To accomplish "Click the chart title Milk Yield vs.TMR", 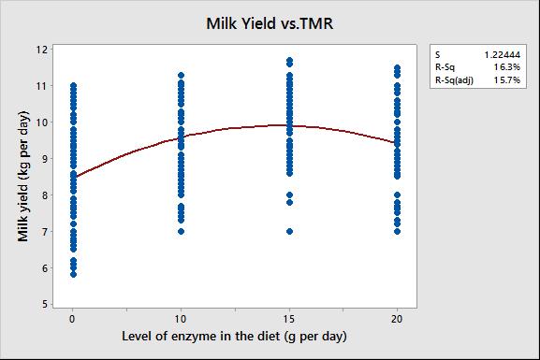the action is (x=270, y=23).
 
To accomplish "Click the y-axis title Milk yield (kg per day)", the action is (x=23, y=176).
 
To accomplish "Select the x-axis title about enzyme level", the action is (x=234, y=336).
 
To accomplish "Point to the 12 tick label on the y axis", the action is (x=42, y=50).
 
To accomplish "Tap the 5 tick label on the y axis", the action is (x=45, y=304).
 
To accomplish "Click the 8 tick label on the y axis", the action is (x=45, y=195).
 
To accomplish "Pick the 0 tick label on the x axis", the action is (x=72, y=319).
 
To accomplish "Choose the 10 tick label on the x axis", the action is (x=181, y=319).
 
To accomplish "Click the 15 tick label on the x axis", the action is (x=289, y=319).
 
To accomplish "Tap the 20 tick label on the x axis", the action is (x=397, y=319).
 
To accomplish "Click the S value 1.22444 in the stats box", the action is (x=503, y=55).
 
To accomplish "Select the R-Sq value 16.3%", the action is (x=507, y=67).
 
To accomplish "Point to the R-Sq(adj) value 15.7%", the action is (x=507, y=80).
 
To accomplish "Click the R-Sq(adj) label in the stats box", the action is (x=454, y=80).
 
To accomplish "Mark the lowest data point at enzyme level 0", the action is (x=73, y=274).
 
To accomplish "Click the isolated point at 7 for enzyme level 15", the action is (x=289, y=231).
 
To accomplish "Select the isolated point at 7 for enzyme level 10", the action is (x=182, y=231).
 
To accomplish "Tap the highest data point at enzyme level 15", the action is (x=289, y=60).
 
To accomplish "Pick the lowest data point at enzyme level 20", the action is (x=397, y=231).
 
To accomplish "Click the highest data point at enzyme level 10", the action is (x=182, y=75).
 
